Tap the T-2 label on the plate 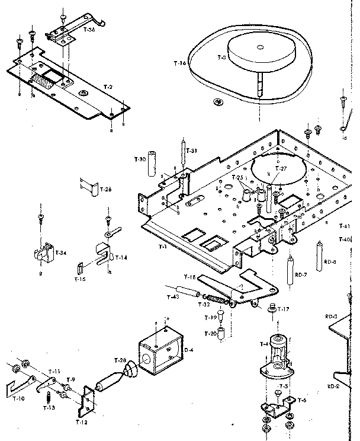(x=108, y=87)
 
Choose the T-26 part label (x=105, y=190)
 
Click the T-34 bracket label (x=60, y=253)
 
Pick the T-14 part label (x=121, y=257)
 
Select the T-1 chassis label (x=162, y=245)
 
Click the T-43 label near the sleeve (x=173, y=296)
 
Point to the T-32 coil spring (x=220, y=302)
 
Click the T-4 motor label (x=263, y=344)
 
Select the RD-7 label (x=302, y=274)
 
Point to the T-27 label (x=282, y=168)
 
